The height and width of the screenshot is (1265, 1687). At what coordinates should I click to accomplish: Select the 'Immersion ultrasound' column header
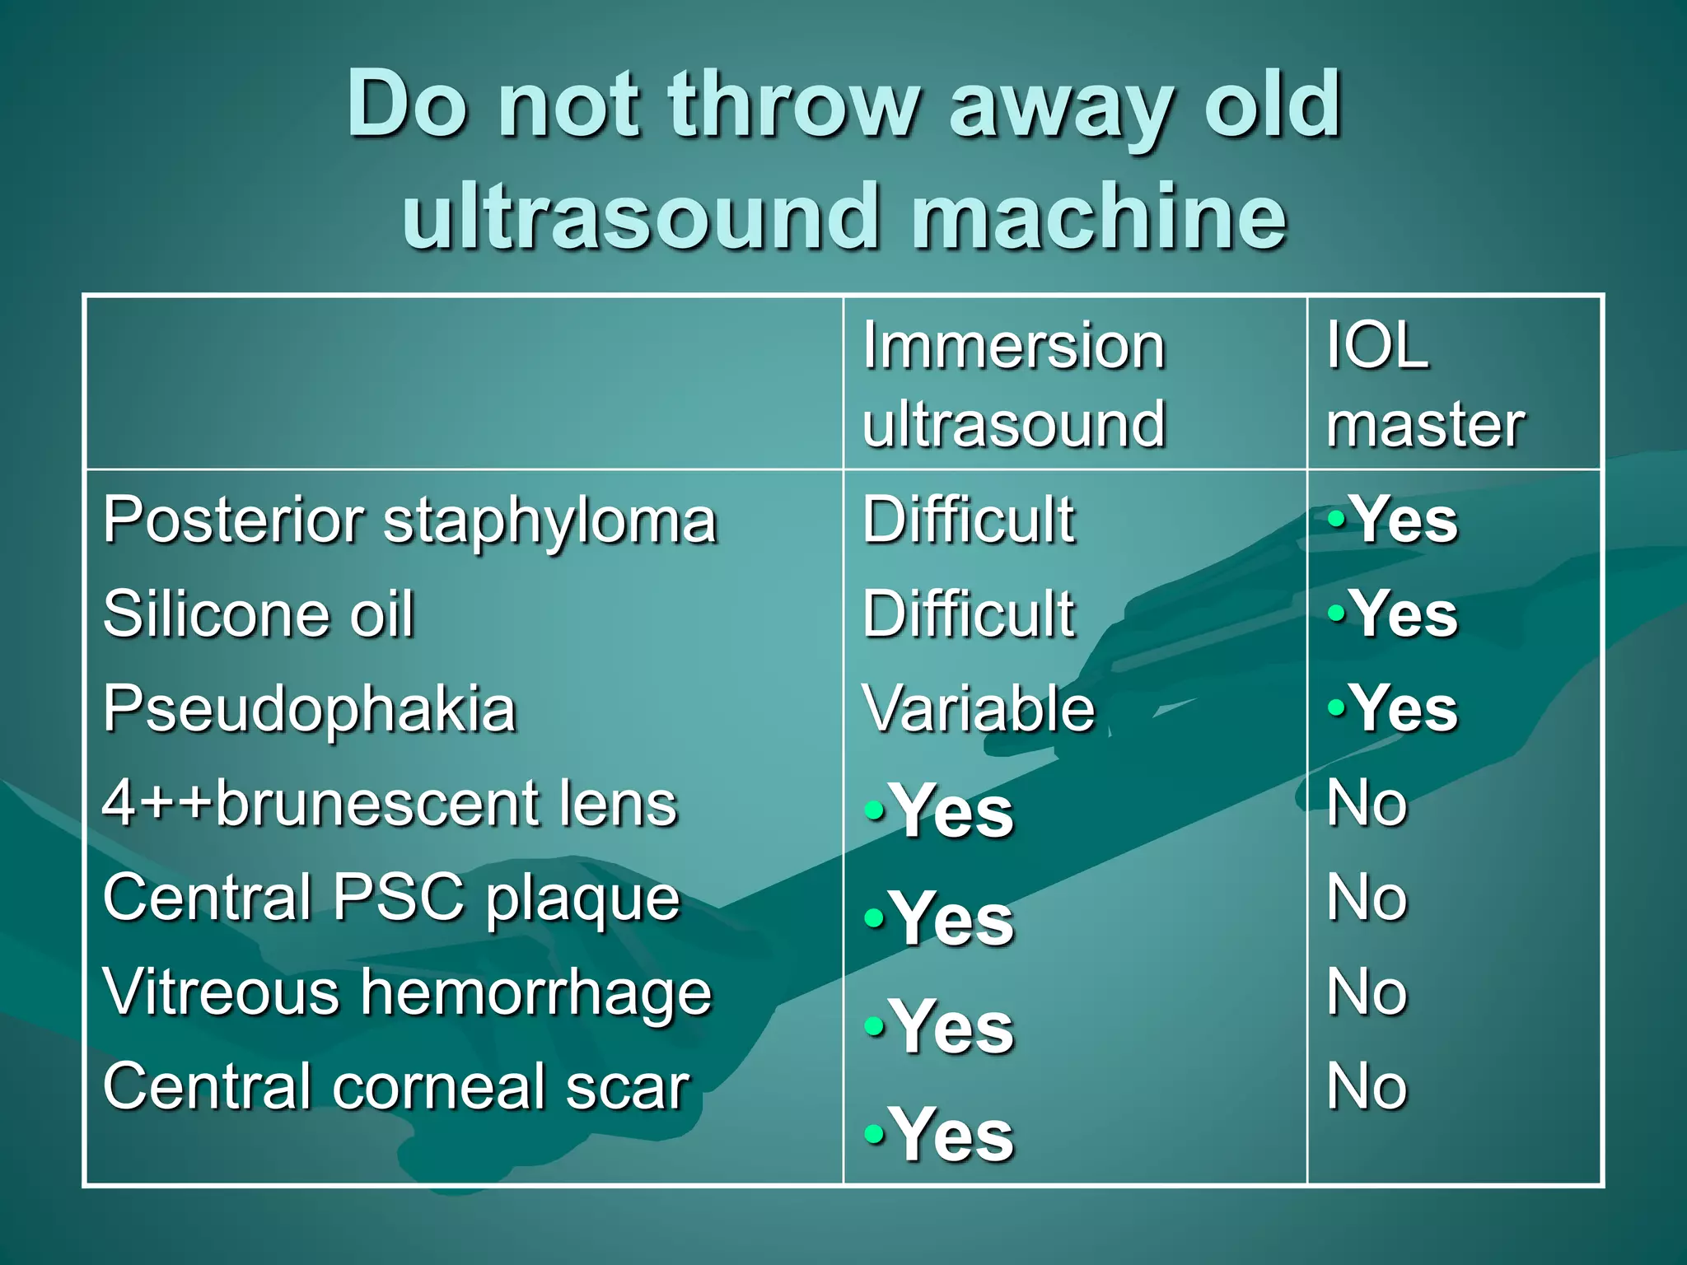(x=1014, y=384)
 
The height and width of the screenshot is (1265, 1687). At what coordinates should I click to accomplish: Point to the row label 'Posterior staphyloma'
(x=410, y=521)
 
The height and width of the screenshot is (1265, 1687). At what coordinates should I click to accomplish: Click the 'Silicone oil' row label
(x=259, y=614)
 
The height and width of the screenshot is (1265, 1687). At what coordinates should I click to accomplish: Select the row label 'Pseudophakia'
(x=310, y=710)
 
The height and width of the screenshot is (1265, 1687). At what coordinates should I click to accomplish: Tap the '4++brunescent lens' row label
(x=390, y=803)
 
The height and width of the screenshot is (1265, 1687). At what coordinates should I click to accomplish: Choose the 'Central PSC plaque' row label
(x=392, y=899)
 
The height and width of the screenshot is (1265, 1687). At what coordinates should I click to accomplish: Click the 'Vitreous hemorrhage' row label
(x=407, y=993)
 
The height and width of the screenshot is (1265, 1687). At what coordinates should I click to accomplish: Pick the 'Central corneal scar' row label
(x=396, y=1087)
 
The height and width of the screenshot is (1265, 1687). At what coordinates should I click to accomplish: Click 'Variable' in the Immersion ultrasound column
(x=979, y=708)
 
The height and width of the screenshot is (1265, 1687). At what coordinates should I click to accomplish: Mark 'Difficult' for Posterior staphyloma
(x=969, y=520)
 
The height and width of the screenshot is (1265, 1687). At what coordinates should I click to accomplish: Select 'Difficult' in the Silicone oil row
(x=969, y=614)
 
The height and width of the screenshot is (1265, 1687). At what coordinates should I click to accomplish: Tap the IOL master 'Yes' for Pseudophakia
(x=1404, y=708)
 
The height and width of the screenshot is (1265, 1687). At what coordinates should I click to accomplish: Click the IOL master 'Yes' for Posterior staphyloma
(x=1404, y=520)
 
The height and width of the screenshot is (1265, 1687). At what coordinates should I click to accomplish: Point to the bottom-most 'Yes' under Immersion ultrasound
(x=951, y=1135)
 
